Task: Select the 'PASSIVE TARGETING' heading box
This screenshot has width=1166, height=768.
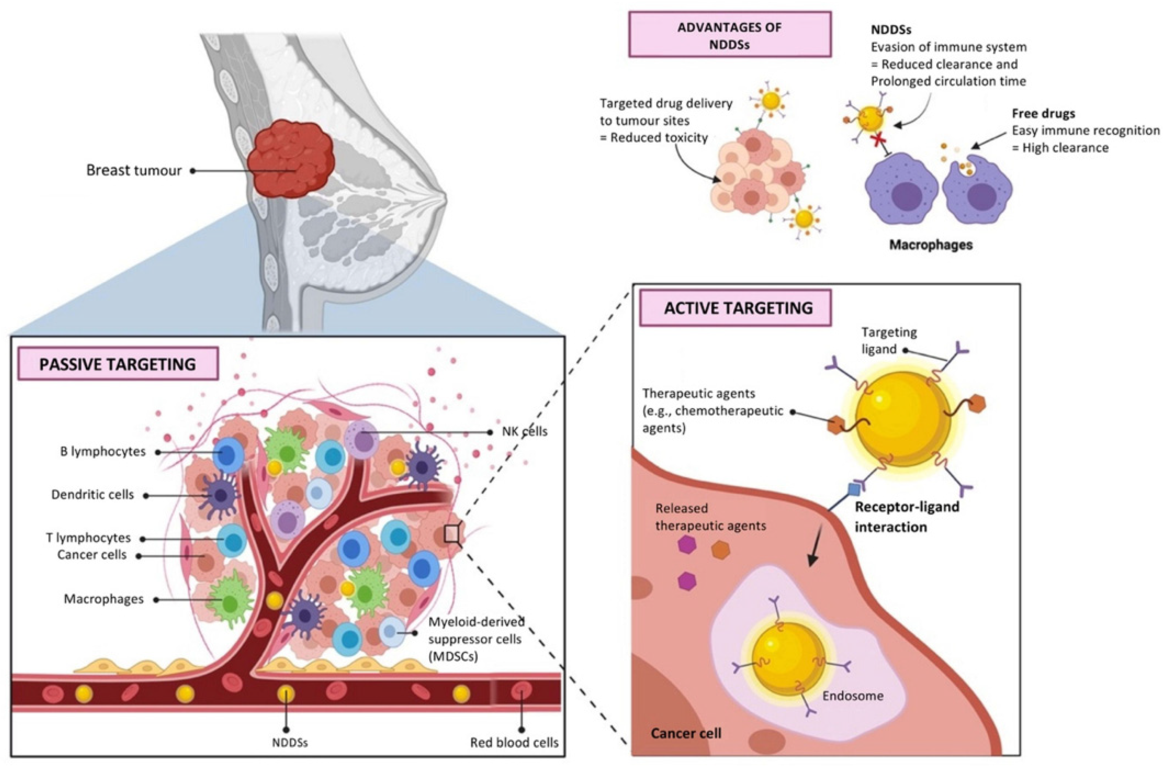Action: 118,364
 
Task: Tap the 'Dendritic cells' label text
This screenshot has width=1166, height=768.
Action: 93,495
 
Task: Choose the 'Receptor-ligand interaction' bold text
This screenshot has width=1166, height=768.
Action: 906,517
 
